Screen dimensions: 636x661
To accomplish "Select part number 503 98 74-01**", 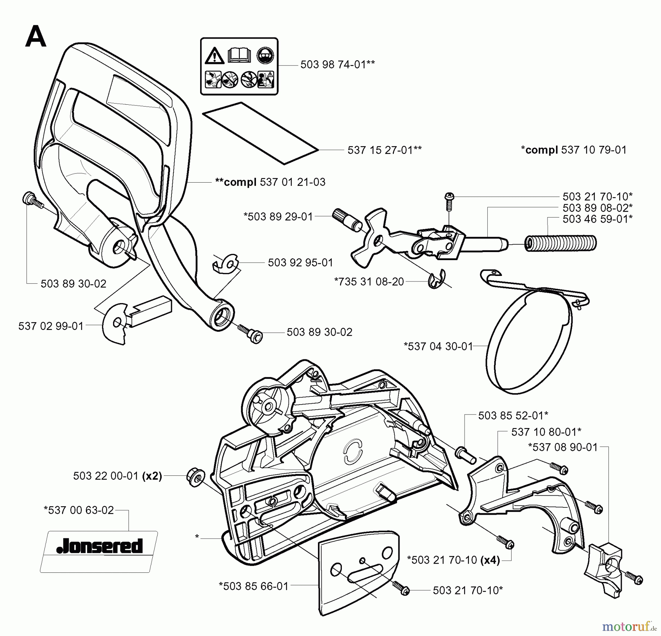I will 337,65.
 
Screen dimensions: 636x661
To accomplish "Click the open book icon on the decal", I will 239,55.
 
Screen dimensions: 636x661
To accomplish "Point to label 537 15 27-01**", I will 384,150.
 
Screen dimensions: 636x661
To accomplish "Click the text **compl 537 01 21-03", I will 270,182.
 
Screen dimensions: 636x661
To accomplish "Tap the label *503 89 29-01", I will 278,216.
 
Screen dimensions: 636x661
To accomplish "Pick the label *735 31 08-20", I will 369,281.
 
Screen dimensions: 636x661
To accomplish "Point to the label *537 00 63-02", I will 79,510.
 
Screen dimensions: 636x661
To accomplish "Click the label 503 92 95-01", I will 300,263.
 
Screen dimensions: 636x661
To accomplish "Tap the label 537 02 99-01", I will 51,326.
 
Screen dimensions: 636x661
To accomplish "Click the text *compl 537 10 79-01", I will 574,150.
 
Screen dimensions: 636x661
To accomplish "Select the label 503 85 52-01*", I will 513,416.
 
